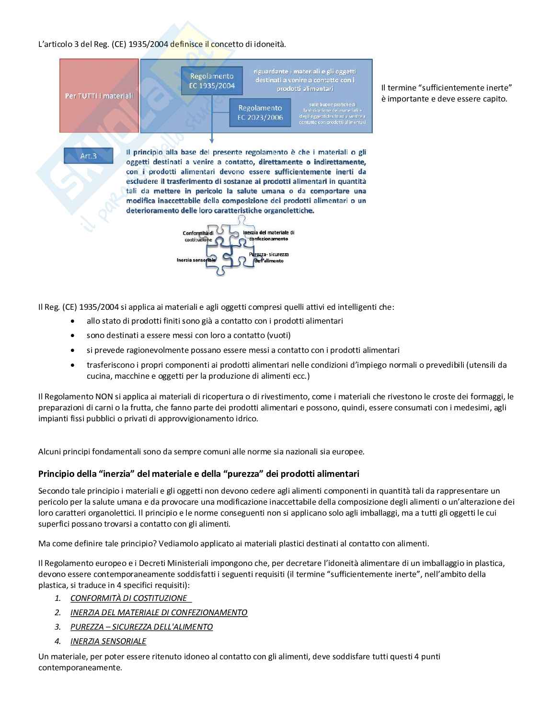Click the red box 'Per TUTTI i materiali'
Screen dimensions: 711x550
pyautogui.click(x=99, y=96)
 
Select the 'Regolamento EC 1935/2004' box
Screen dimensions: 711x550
pyautogui.click(x=212, y=81)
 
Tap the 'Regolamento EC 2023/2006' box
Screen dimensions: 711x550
pyautogui.click(x=260, y=113)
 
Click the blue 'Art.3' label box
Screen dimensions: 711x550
pyautogui.click(x=89, y=156)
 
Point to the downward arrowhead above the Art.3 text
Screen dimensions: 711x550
pyautogui.click(x=211, y=140)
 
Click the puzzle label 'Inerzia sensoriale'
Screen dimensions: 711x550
pyautogui.click(x=195, y=260)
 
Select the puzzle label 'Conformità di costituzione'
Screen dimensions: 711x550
pyautogui.click(x=198, y=236)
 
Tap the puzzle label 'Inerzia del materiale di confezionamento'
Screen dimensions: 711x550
pyautogui.click(x=268, y=235)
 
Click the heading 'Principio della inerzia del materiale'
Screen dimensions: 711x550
pyautogui.click(x=198, y=474)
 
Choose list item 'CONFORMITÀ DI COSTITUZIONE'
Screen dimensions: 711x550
pyautogui.click(x=129, y=598)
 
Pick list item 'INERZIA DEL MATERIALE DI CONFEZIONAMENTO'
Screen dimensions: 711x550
pyautogui.click(x=159, y=612)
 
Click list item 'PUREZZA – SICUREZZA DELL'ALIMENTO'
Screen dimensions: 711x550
pyautogui.click(x=141, y=627)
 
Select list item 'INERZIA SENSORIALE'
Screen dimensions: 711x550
pyautogui.click(x=108, y=641)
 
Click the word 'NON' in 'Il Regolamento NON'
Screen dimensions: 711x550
pyautogui.click(x=103, y=396)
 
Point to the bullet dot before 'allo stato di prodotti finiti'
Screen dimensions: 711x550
pyautogui.click(x=72, y=321)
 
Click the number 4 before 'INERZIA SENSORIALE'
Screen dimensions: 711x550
pyautogui.click(x=57, y=641)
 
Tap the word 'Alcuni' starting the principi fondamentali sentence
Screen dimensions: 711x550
pyautogui.click(x=50, y=451)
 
